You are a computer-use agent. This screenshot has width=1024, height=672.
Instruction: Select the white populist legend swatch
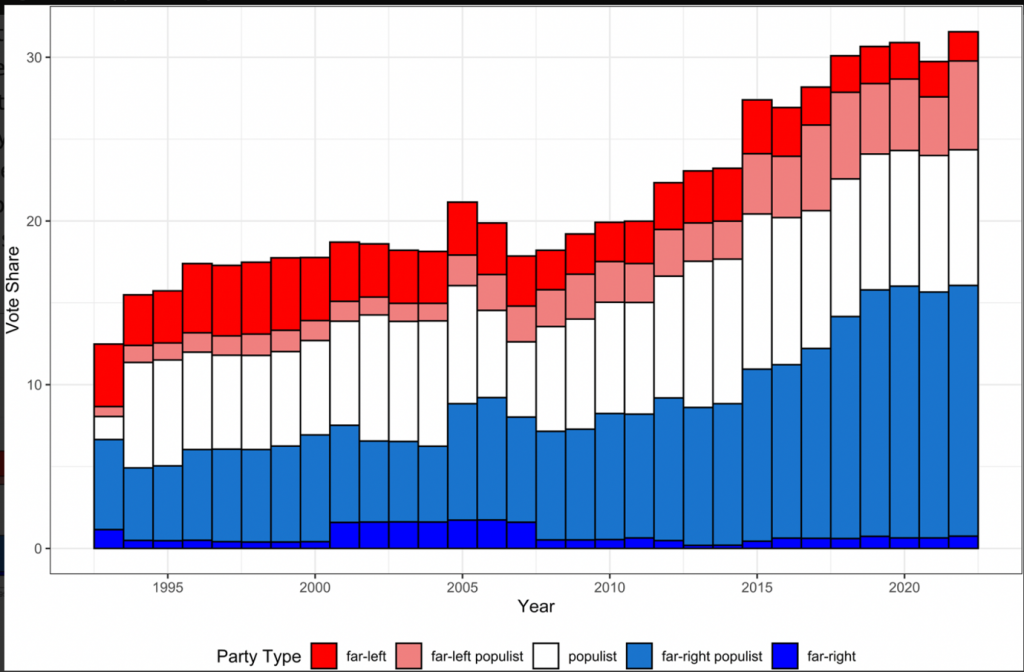click(x=541, y=656)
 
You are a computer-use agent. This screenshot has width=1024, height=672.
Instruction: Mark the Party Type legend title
click(x=259, y=656)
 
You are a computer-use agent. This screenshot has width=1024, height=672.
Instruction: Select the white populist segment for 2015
click(x=756, y=291)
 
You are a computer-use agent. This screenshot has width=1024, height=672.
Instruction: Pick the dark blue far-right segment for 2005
click(x=462, y=534)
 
